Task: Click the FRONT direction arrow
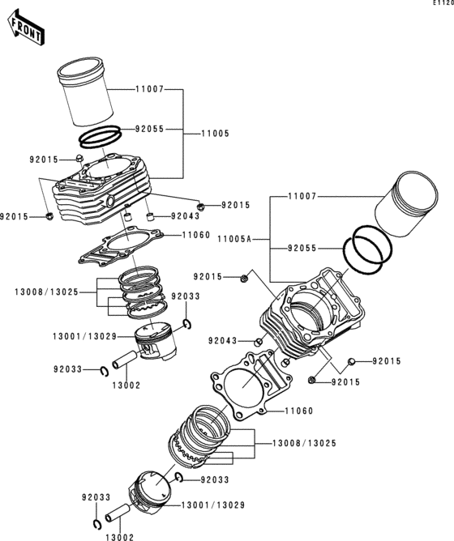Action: point(26,28)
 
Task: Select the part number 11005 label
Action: point(216,134)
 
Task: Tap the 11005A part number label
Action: point(234,239)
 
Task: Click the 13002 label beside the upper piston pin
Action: point(126,386)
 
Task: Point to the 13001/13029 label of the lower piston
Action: point(213,505)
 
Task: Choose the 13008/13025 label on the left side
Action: point(47,292)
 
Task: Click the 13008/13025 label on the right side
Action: point(304,443)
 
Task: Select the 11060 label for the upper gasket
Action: point(196,236)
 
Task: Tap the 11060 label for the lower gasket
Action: point(299,411)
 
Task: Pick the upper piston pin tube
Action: point(125,359)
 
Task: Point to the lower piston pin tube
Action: point(118,513)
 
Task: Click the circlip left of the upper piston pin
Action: point(105,371)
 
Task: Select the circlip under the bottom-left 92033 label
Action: point(97,523)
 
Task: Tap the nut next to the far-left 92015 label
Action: point(49,217)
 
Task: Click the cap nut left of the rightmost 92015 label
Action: point(352,361)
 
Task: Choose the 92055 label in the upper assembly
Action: point(150,129)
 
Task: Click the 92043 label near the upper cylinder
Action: point(186,216)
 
